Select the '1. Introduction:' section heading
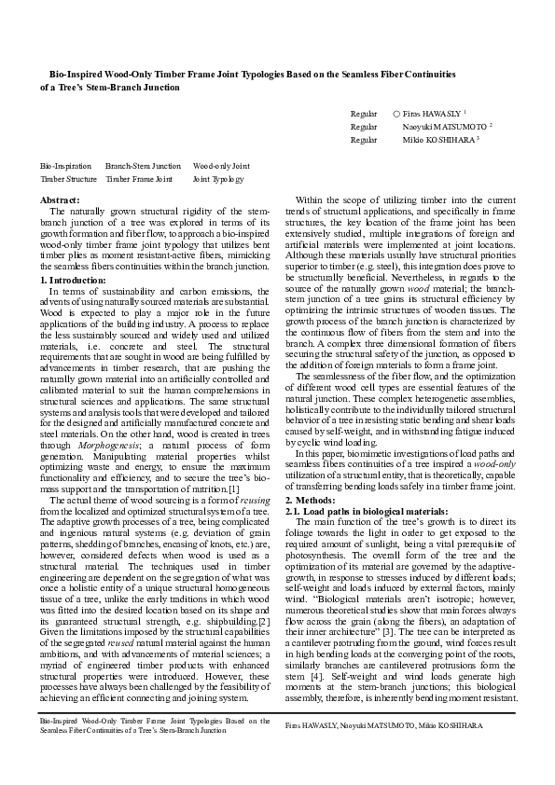[x=74, y=280]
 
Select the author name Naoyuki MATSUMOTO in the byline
[x=444, y=125]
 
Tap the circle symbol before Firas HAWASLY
[x=396, y=111]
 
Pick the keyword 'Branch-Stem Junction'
[x=143, y=165]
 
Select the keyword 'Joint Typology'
[x=218, y=178]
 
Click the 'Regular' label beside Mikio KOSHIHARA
[x=364, y=139]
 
